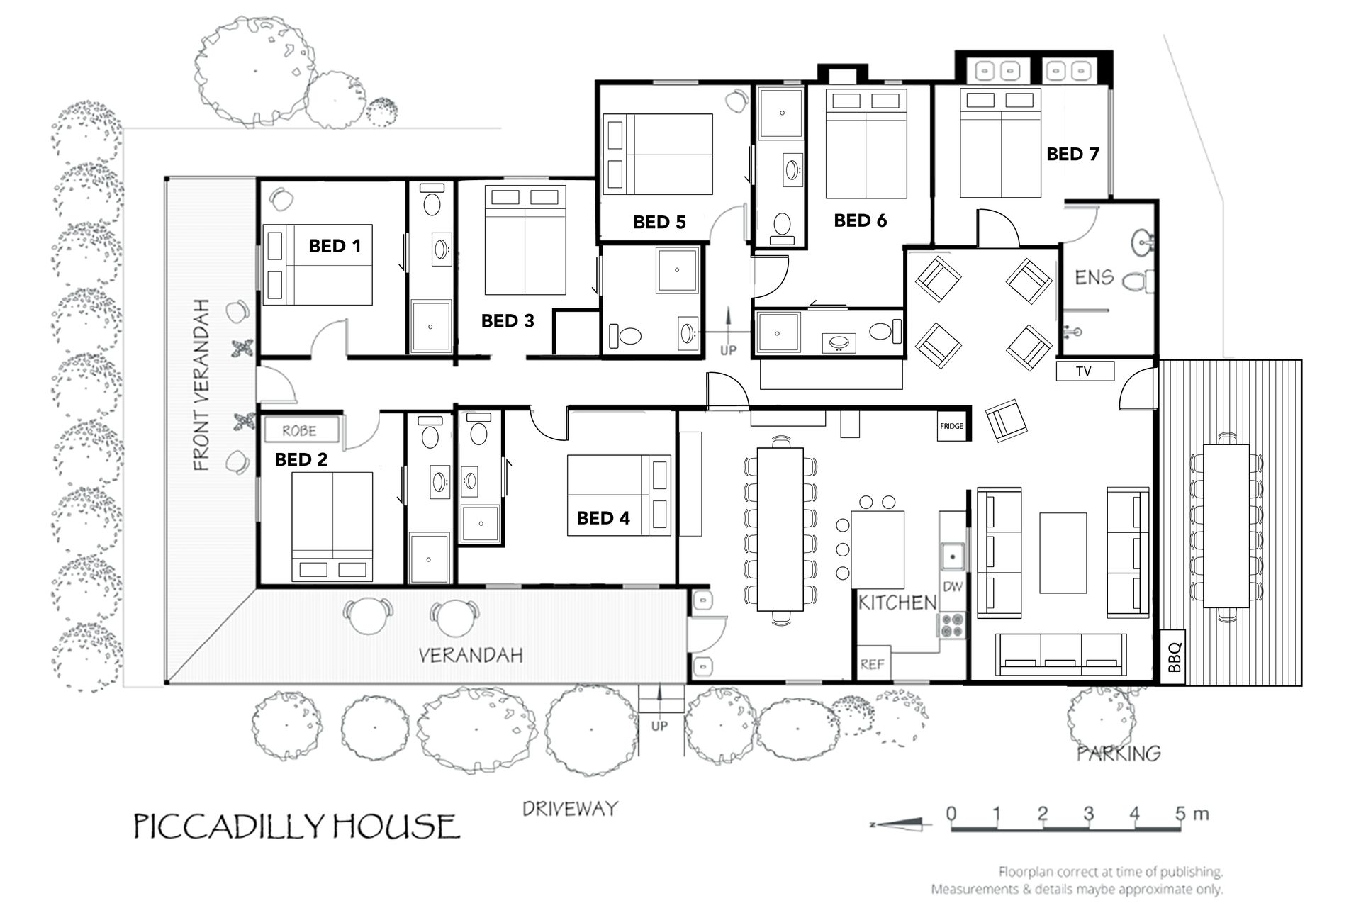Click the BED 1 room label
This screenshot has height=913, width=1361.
point(335,246)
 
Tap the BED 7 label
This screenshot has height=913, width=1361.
point(1072,154)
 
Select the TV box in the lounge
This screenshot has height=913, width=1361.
point(1085,371)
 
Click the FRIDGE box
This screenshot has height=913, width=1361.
point(951,426)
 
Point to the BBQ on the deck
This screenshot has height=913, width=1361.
point(1174,657)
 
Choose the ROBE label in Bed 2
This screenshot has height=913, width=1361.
point(299,430)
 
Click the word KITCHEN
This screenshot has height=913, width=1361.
point(897,603)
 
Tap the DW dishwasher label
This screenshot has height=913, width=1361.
point(953,586)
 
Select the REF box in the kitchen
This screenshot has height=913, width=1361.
point(873,663)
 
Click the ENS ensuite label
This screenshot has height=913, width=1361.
point(1094,277)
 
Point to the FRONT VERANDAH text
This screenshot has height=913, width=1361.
point(201,385)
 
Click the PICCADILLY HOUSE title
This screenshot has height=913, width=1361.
point(297,827)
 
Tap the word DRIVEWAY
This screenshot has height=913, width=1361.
point(570,809)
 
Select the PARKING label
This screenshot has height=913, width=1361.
point(1119,753)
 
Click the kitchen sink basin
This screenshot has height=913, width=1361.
point(952,556)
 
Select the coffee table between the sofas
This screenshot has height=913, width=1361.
point(1063,553)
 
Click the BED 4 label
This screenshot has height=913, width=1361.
point(603,518)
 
